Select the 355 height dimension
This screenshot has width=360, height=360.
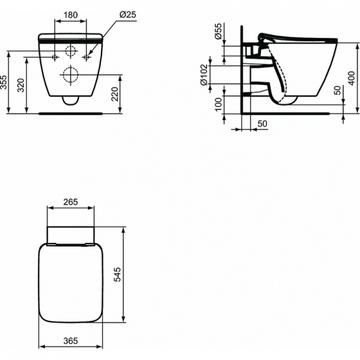click(4, 82)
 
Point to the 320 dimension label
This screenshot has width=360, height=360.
click(22, 85)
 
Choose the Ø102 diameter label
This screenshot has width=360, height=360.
click(205, 74)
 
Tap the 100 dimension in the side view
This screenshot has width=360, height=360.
click(218, 106)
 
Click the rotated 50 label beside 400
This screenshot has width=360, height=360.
click(337, 90)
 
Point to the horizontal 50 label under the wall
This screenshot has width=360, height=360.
click(262, 123)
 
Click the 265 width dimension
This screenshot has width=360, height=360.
click(70, 202)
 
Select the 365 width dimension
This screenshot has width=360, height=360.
click(70, 341)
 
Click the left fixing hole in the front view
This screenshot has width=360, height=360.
click(55, 58)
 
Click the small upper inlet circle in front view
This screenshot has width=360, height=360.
click(70, 52)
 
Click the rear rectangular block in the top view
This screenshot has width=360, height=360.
click(70, 235)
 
